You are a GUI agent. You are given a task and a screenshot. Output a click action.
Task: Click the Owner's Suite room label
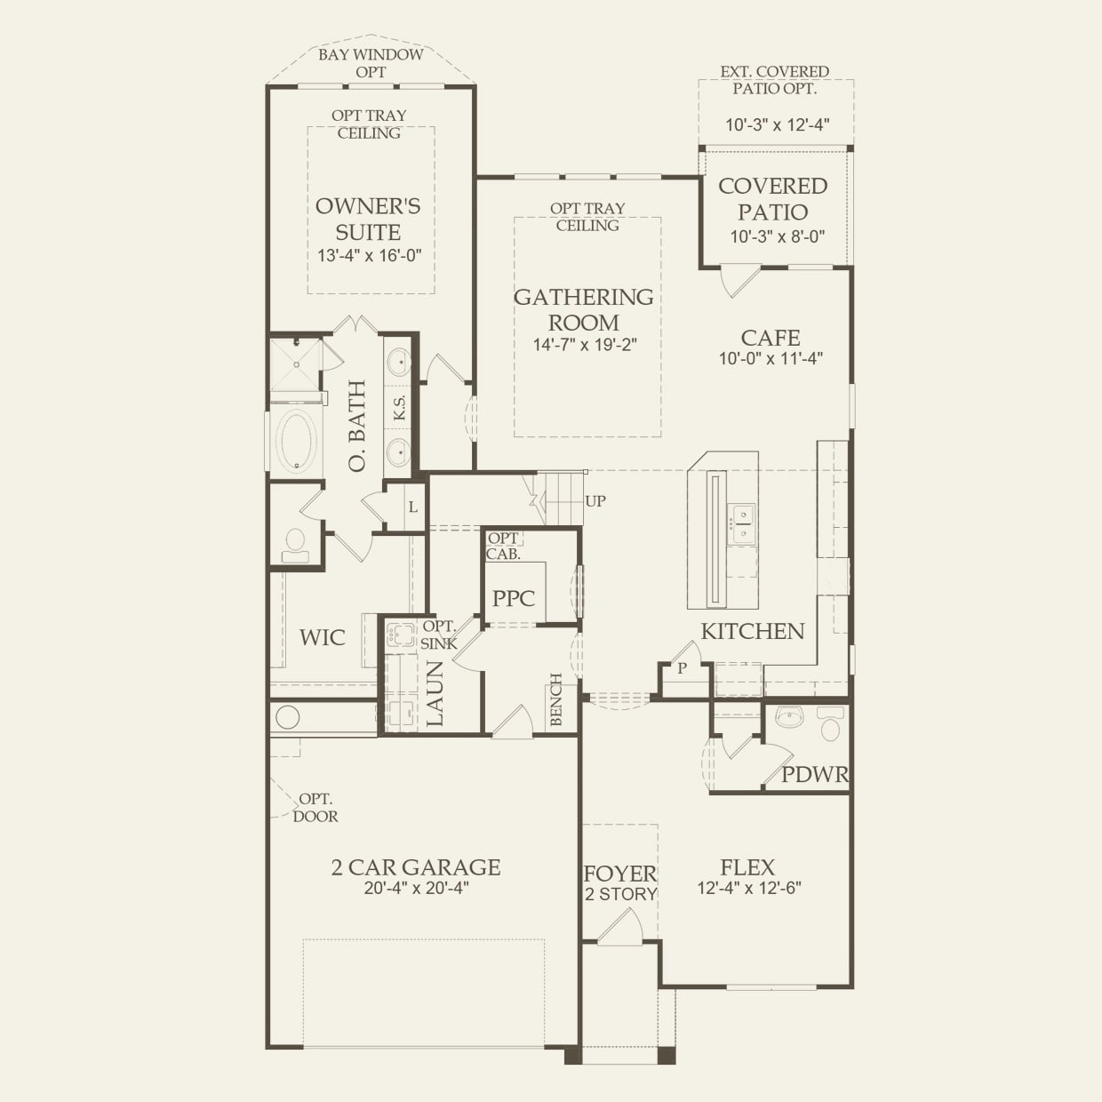(x=368, y=219)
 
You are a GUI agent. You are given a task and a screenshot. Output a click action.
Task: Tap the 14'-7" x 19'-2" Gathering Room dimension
(x=585, y=345)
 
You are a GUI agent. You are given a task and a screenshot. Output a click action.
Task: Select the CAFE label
(x=771, y=338)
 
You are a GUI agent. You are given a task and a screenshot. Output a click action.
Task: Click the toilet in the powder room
(x=830, y=723)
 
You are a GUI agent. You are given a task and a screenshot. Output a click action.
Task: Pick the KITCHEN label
(x=753, y=631)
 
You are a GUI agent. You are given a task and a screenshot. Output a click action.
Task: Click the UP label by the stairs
(x=595, y=501)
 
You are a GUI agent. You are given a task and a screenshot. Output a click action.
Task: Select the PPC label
(x=514, y=599)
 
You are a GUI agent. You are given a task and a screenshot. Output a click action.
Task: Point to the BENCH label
(x=555, y=699)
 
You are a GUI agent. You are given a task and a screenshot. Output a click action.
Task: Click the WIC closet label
(x=323, y=637)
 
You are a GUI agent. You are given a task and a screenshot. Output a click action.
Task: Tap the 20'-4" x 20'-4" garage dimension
(x=416, y=888)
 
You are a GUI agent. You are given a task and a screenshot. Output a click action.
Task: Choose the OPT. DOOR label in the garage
(x=315, y=808)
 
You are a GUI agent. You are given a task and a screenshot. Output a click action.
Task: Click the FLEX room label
(x=747, y=868)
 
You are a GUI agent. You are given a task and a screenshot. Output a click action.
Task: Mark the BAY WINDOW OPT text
(x=371, y=63)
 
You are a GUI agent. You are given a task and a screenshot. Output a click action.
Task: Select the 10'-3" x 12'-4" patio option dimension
(x=777, y=124)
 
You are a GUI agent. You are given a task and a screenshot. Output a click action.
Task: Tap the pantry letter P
(x=682, y=668)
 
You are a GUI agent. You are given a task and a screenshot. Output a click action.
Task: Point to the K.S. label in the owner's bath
(x=400, y=407)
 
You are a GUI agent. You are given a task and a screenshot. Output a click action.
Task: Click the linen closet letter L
(x=413, y=507)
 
